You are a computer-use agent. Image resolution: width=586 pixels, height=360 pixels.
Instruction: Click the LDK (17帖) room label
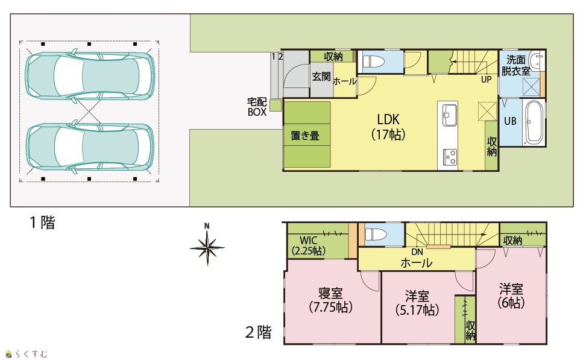(388, 127)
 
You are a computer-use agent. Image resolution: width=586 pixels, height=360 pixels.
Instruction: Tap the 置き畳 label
(305, 135)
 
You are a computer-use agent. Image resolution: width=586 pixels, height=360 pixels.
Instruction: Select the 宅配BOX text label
(257, 107)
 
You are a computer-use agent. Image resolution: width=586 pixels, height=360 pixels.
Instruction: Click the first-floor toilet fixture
(375, 62)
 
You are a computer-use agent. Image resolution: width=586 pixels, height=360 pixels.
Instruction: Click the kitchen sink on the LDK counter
(450, 115)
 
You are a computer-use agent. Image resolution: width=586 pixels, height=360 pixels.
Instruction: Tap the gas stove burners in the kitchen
(450, 157)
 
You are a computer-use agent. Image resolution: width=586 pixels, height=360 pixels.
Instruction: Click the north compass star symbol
(207, 247)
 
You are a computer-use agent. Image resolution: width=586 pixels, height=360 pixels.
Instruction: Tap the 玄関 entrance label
(321, 77)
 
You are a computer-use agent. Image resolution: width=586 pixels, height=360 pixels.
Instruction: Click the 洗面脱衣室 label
(515, 65)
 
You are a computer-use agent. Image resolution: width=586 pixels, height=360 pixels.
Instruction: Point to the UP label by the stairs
(486, 79)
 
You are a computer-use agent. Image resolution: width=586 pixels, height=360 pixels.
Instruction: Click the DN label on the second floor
(417, 252)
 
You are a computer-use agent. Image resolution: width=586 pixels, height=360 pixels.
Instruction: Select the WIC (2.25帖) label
(308, 245)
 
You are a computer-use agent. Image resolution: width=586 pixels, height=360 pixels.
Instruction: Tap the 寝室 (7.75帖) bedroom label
(331, 300)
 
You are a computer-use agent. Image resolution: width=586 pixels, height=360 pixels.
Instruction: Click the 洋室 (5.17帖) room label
(417, 303)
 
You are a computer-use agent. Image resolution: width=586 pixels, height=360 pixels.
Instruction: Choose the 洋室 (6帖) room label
(511, 295)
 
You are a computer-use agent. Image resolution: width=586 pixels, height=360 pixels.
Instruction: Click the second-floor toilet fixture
(377, 235)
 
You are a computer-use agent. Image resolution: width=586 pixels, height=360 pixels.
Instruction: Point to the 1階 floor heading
(42, 223)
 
